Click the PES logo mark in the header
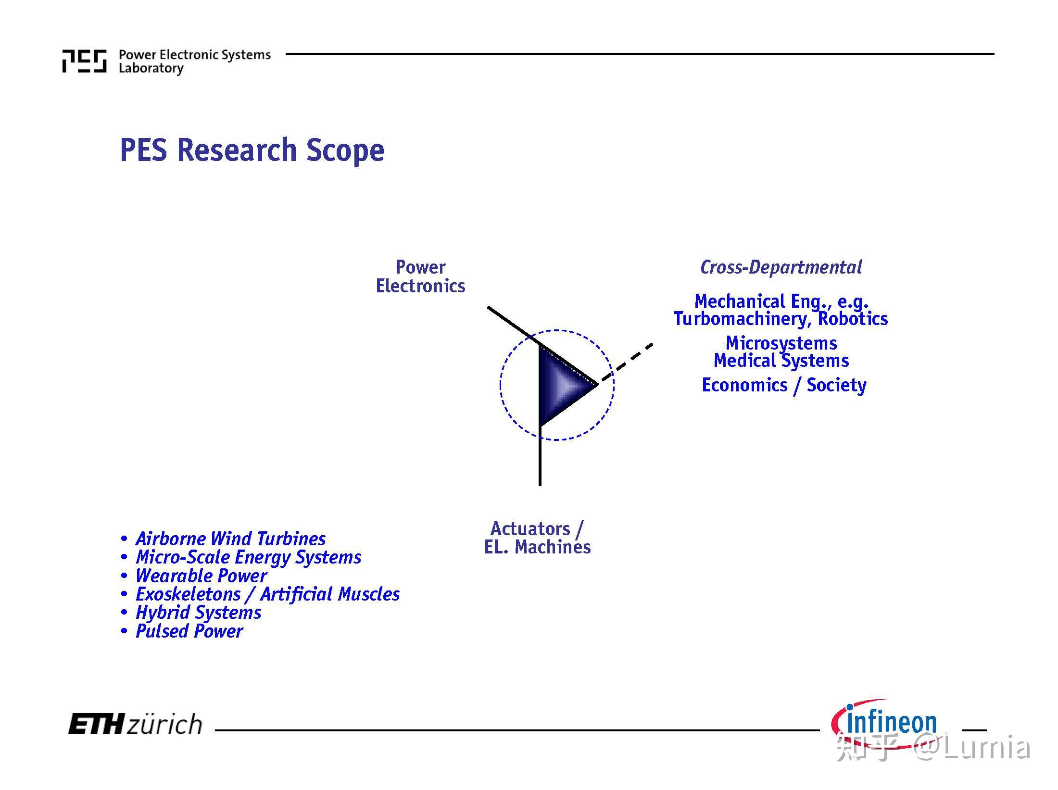84,61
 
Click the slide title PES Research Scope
252,150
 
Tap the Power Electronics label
420,276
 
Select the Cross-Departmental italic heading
781,267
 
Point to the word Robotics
853,318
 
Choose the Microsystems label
781,343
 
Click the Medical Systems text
781,361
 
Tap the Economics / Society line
784,385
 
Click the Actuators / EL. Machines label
537,538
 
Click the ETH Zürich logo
135,724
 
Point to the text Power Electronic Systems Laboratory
195,62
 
